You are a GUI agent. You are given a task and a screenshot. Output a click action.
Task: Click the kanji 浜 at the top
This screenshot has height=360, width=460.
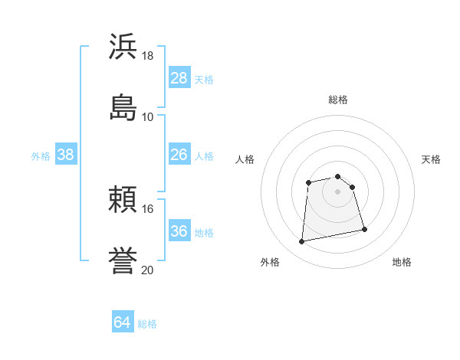coord(123,47)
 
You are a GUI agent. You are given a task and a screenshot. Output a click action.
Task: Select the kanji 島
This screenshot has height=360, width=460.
coord(123,106)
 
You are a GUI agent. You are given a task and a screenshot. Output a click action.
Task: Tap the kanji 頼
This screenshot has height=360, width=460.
coord(123,200)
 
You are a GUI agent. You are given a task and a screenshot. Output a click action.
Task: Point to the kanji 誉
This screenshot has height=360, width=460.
coord(123,260)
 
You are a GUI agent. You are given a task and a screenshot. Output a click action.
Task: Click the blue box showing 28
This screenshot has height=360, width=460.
coord(179,77)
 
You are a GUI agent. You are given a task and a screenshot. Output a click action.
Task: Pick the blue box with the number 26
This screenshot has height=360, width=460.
coord(179,155)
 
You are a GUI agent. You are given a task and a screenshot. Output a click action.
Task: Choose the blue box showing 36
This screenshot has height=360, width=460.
coord(179,231)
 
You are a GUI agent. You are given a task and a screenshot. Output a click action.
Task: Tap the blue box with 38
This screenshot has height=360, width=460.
coord(66,155)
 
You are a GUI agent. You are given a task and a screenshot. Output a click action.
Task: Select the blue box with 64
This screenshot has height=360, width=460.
coord(123,322)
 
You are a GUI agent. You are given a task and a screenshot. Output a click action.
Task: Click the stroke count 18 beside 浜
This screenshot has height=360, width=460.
coord(148,56)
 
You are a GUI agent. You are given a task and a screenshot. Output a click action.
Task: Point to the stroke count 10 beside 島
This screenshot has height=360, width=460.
coord(148,116)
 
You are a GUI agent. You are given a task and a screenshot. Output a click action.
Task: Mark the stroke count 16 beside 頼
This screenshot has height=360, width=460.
coord(148,208)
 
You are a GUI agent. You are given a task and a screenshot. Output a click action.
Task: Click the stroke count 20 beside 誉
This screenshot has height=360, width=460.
coord(148,269)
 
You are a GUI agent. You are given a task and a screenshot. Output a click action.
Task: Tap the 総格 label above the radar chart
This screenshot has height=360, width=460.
coord(338,100)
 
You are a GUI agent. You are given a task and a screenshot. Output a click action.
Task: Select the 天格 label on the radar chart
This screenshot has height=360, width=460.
coord(431,159)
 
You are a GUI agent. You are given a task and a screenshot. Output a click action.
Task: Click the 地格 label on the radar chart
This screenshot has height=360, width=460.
coord(402,262)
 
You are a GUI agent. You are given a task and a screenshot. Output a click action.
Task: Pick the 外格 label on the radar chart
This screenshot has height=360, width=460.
coord(270,262)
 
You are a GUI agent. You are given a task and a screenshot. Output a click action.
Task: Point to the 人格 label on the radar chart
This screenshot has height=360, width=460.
coord(245,159)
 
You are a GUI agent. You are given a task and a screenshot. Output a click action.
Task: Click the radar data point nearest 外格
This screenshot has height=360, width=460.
coord(302,242)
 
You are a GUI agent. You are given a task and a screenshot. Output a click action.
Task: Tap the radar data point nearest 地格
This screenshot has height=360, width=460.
coord(364,229)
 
